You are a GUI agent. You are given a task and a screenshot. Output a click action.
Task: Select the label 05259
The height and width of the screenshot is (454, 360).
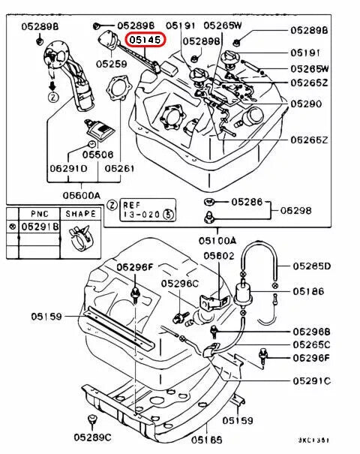pos(111,65)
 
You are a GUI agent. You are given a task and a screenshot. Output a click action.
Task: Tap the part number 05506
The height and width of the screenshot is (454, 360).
pos(97,155)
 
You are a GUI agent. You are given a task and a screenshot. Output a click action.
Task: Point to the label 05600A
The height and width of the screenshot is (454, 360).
pos(82,195)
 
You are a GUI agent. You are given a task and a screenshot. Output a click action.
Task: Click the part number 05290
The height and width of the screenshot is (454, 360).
pos(306,104)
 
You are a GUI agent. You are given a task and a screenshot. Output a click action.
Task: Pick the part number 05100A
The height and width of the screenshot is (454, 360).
pos(217,242)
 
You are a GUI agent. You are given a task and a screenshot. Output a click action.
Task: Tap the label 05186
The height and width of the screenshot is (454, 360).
pos(308,290)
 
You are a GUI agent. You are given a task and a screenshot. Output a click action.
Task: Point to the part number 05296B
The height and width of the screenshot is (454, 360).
pos(311,331)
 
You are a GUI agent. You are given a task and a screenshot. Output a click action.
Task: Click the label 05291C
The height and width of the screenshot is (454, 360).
pos(311,380)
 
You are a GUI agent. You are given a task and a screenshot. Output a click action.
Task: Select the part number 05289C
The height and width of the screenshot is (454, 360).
pos(92,436)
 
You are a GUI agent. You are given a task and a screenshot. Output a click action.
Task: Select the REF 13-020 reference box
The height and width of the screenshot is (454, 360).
pos(145,209)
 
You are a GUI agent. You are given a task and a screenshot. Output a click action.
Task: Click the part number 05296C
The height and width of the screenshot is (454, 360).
pos(180,283)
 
